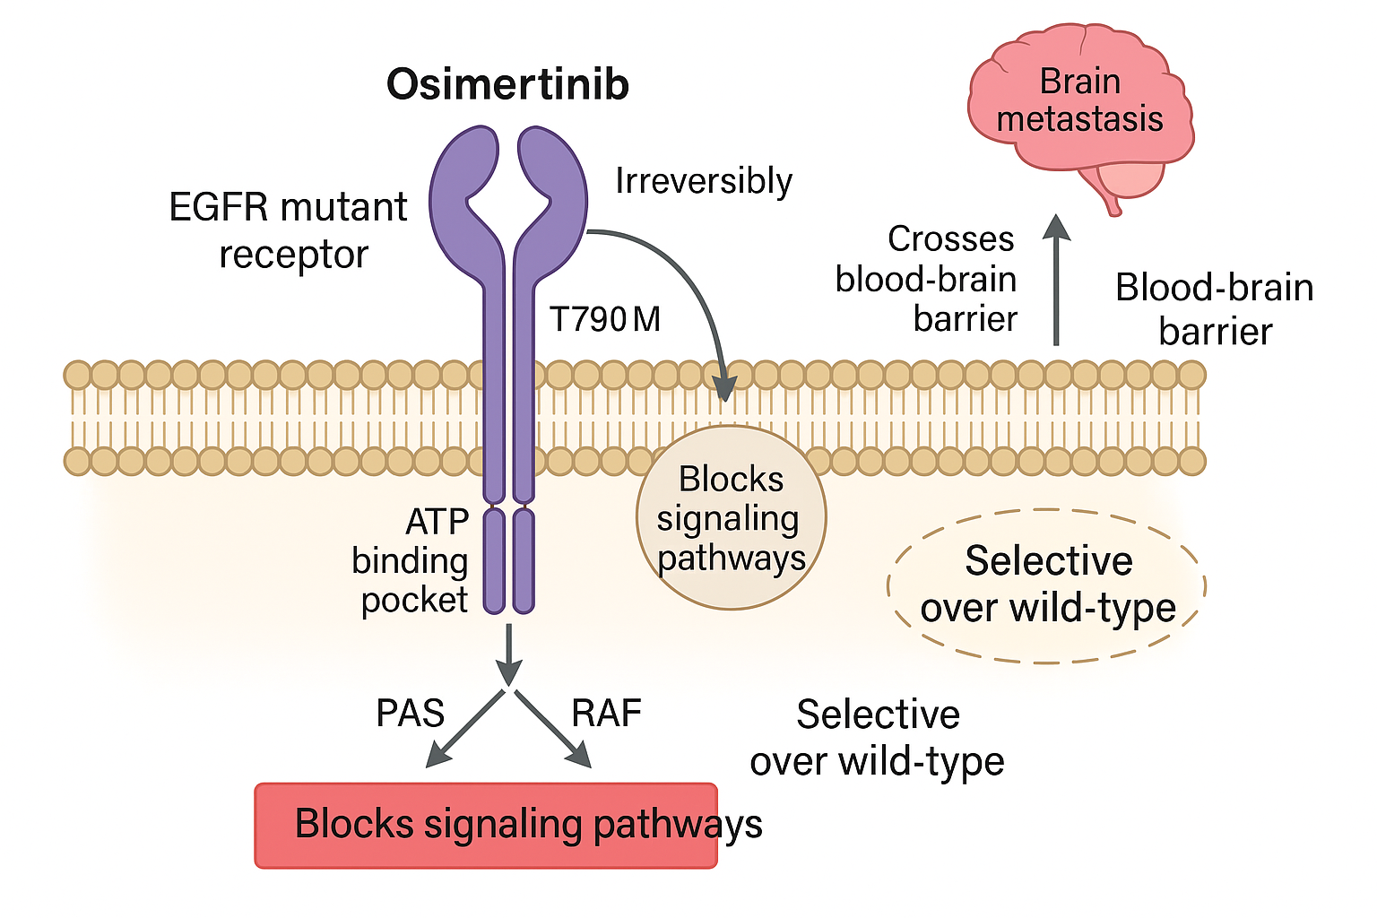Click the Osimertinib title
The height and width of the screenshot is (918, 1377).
pyautogui.click(x=507, y=84)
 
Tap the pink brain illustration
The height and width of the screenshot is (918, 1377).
pyautogui.click(x=1079, y=103)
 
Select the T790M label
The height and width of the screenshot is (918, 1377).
pyautogui.click(x=605, y=319)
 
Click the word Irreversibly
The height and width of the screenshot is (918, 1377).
pyautogui.click(x=704, y=182)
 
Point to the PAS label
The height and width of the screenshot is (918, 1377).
pyautogui.click(x=410, y=714)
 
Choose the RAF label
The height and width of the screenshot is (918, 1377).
pyautogui.click(x=607, y=714)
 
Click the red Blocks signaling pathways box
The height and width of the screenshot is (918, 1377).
pyautogui.click(x=486, y=825)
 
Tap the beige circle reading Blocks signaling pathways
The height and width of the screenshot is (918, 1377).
pyautogui.click(x=731, y=518)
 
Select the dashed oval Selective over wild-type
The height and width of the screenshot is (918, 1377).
pyautogui.click(x=1047, y=585)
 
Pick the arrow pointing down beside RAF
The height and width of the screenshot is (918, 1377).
pyautogui.click(x=553, y=729)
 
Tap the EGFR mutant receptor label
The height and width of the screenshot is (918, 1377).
pyautogui.click(x=289, y=230)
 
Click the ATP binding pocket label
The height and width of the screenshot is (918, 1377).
pyautogui.click(x=411, y=561)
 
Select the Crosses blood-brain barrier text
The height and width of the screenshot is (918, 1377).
pyautogui.click(x=927, y=279)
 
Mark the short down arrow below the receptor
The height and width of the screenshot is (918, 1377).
pyautogui.click(x=508, y=654)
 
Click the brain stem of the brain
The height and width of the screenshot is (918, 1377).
pyautogui.click(x=1113, y=204)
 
